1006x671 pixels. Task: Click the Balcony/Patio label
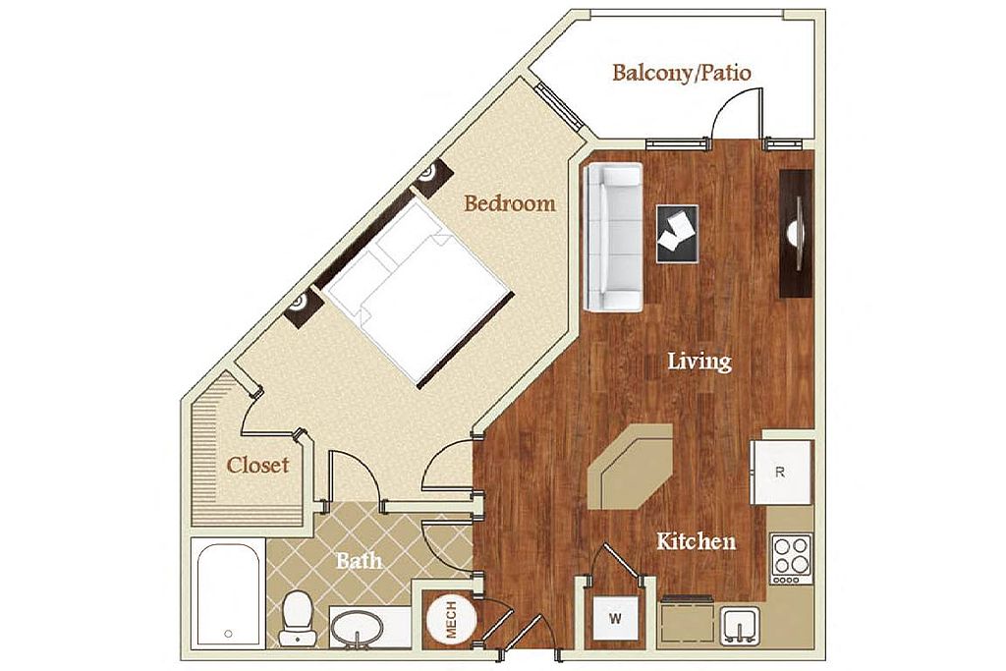point(682,73)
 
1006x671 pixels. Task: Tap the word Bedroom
point(510,203)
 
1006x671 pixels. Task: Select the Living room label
point(699,362)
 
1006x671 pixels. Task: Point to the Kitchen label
point(697,542)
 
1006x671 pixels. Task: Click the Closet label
point(258,465)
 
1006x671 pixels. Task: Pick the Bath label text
point(360,561)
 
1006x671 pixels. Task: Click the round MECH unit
point(452,620)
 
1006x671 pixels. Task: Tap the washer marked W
point(615,619)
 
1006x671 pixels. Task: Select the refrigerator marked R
point(782,473)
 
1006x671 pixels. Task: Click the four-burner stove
point(792,558)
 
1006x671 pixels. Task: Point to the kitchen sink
point(741,626)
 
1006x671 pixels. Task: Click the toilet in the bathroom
point(297,618)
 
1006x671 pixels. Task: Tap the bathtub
point(228,593)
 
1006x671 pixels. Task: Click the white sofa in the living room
point(613,238)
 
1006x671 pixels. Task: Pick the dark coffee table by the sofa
point(678,234)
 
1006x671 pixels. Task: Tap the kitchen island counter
point(631,467)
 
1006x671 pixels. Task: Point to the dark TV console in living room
point(796,234)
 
